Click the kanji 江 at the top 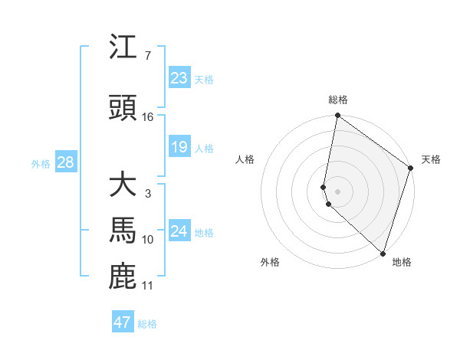point(123,48)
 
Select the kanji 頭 point(123,108)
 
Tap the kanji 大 point(123,185)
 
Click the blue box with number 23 point(179,78)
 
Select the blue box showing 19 point(179,147)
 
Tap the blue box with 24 point(179,231)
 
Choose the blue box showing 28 point(64,162)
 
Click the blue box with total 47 point(122,322)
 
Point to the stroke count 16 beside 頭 point(148,117)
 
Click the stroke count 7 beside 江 point(148,56)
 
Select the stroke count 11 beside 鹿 point(148,286)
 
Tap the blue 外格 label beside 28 point(40,163)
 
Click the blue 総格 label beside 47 point(147,324)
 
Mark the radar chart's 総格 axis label point(338,100)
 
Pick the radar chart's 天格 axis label point(431,159)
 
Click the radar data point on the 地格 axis point(383,253)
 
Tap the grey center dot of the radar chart point(338,191)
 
